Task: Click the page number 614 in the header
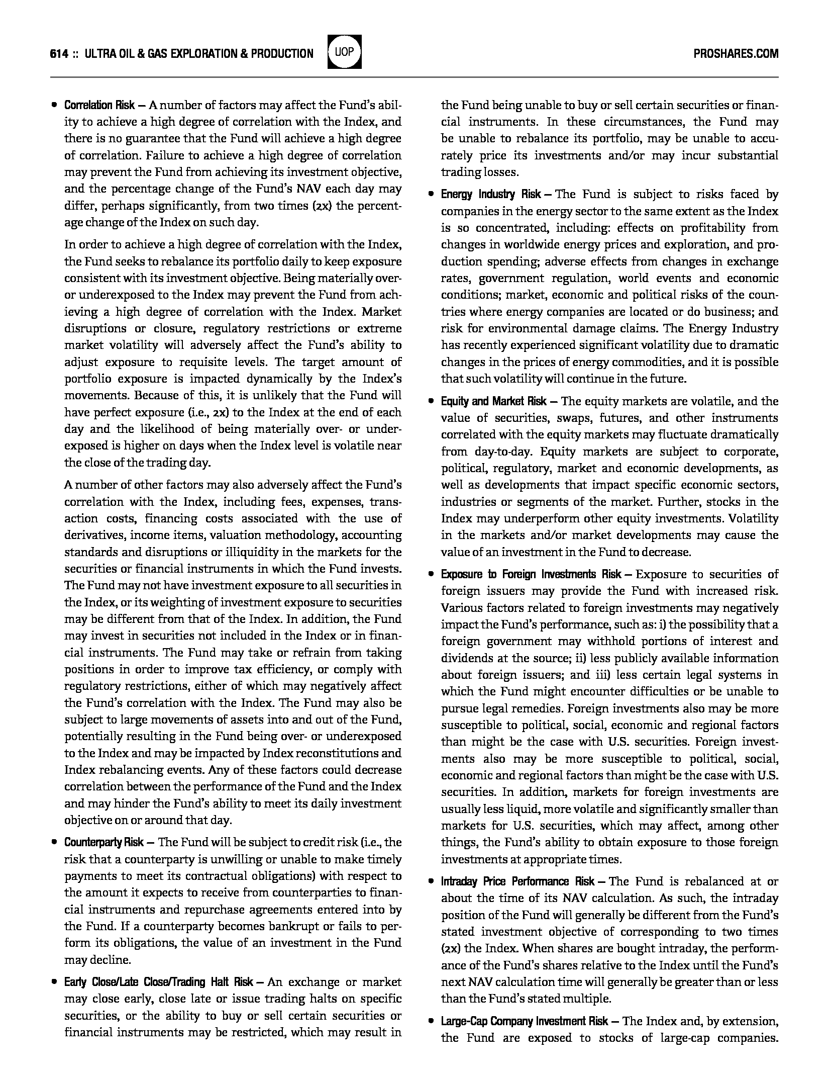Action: pos(59,54)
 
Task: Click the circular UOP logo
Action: pos(344,52)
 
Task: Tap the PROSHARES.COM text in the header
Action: pos(736,54)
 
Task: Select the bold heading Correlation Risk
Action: pos(99,105)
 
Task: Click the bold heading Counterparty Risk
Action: pos(104,842)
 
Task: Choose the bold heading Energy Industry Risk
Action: pos(491,195)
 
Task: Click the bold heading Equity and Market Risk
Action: pos(494,401)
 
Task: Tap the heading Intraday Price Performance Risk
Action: pos(518,881)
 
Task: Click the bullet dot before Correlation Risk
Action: pos(54,106)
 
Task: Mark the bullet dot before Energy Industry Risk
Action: pos(431,195)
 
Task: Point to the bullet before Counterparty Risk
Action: pos(54,842)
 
